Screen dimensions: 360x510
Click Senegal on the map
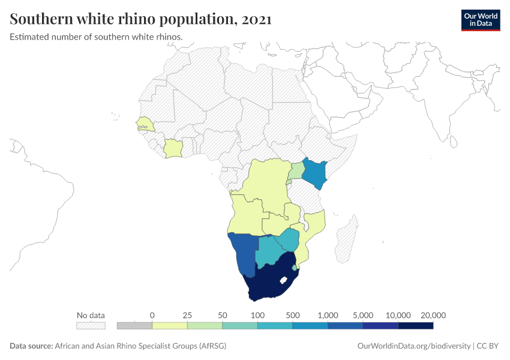coord(145,124)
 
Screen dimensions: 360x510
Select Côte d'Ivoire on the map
coord(173,148)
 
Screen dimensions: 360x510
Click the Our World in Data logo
coord(480,20)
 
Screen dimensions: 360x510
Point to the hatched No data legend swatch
coord(91,326)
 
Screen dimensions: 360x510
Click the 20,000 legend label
coord(433,315)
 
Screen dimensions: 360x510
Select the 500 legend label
coord(293,315)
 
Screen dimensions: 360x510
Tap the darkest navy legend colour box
coord(415,326)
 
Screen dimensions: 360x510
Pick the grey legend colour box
coord(134,326)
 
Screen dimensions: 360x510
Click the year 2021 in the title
coord(257,20)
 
